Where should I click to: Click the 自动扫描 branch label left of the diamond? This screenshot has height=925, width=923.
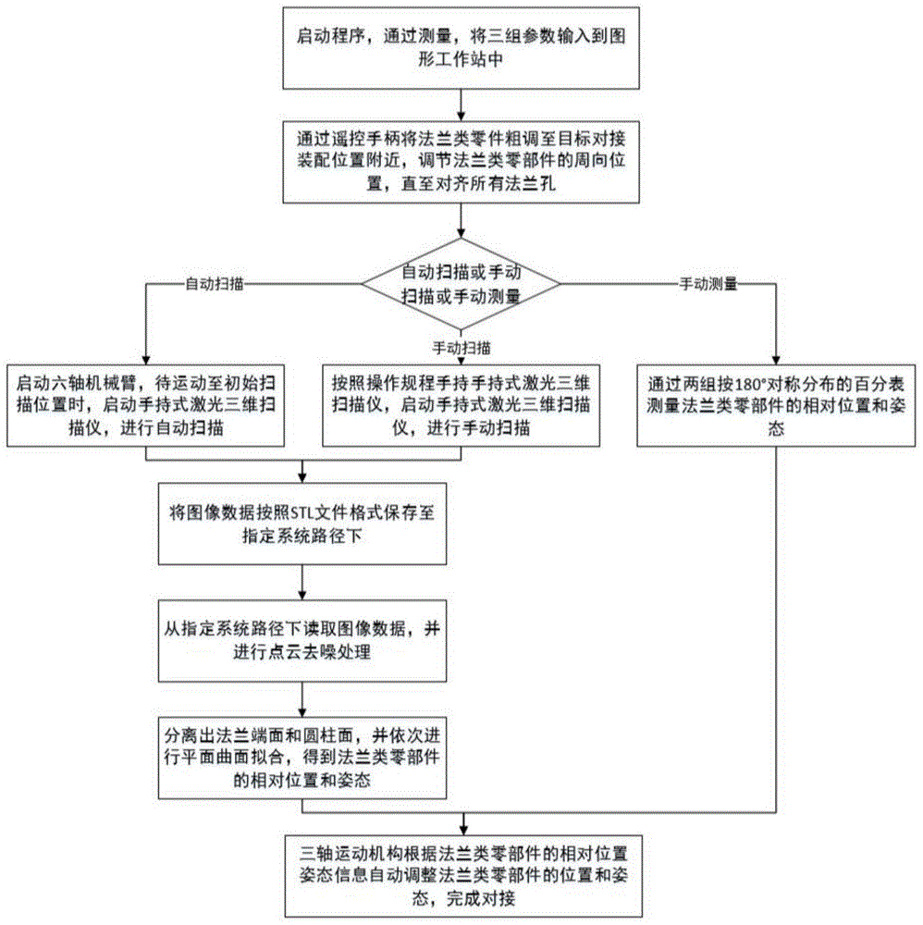coord(215,285)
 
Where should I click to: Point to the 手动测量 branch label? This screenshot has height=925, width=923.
coord(708,285)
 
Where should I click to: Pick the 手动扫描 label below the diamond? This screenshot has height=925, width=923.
coord(461,348)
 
